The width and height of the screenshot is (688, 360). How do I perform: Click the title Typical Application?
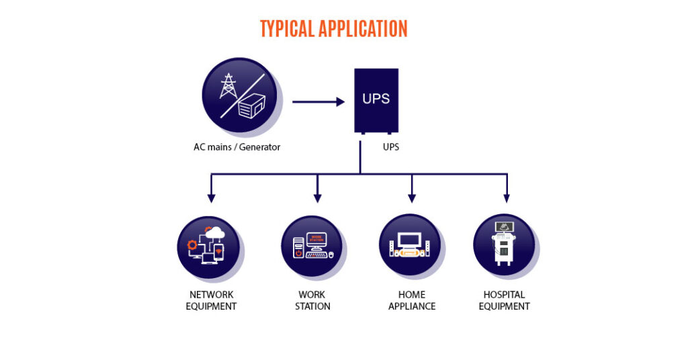(x=333, y=29)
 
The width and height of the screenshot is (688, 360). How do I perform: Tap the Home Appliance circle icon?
(x=410, y=246)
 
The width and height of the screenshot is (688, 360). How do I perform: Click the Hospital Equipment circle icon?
(x=504, y=246)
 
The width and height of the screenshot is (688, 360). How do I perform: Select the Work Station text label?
(x=312, y=300)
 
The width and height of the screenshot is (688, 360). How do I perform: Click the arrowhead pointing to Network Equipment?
(x=212, y=198)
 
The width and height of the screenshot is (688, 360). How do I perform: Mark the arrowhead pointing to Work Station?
(x=318, y=198)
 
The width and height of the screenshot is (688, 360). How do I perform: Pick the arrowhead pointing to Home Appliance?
(x=412, y=198)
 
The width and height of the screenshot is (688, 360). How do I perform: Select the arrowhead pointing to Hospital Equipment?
(x=507, y=198)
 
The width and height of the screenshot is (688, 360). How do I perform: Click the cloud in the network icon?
(x=216, y=231)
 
